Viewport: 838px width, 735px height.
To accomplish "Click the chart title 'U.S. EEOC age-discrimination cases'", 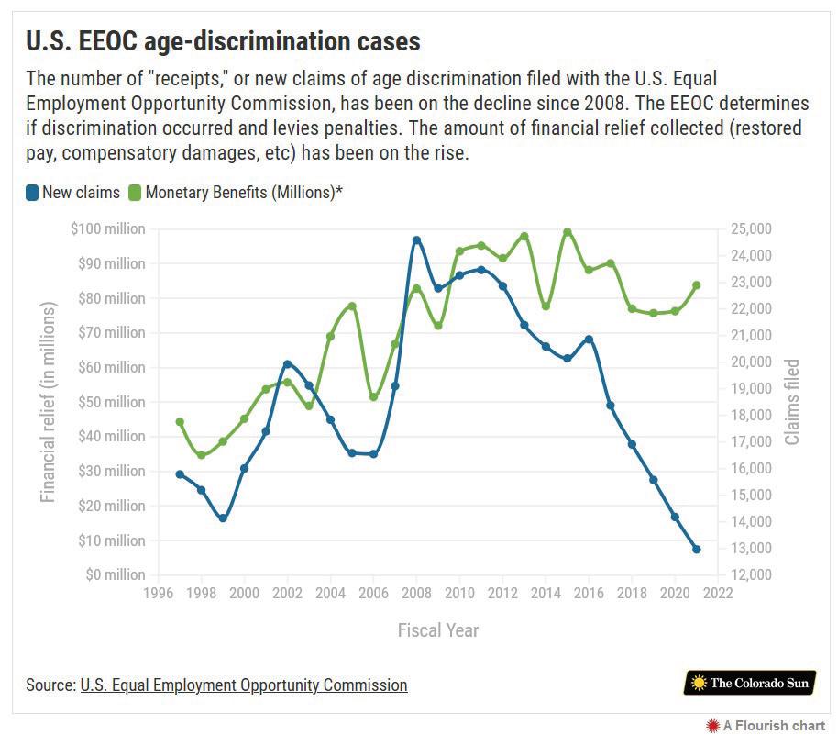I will [x=223, y=41].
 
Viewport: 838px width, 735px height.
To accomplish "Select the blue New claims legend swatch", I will [x=31, y=193].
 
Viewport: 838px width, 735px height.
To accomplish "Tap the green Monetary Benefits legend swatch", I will [x=135, y=193].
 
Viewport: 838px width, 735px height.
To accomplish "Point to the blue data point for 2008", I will [x=416, y=240].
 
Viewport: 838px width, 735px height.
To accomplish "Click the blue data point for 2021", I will [x=697, y=550].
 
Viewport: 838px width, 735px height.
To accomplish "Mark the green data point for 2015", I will [x=568, y=232].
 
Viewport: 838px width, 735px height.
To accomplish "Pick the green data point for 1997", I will [x=180, y=422].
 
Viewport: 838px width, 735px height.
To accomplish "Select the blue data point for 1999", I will [x=223, y=518].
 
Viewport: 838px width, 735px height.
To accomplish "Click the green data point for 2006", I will [x=373, y=396].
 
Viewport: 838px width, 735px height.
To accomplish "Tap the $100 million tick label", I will [x=107, y=228].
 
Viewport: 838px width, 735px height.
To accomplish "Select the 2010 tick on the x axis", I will [x=459, y=594].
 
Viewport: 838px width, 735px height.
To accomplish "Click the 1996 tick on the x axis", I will [x=159, y=594].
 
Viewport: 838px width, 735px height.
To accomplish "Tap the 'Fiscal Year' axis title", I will [x=437, y=630].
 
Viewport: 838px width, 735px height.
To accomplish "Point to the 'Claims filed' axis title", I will [x=792, y=402].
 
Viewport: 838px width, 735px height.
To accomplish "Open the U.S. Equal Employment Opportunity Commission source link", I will [x=244, y=685].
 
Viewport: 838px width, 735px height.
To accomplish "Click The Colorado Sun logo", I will [x=750, y=683].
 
